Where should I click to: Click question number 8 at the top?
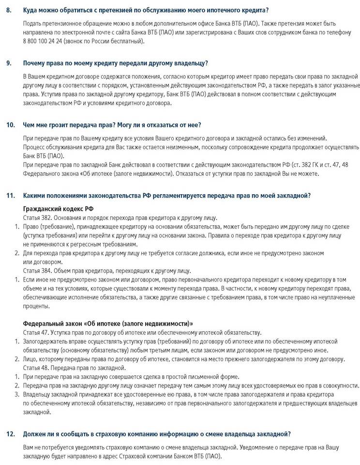pyautogui.click(x=9, y=10)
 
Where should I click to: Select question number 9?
pyautogui.click(x=9, y=63)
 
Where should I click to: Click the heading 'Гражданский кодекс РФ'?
pyautogui.click(x=58, y=209)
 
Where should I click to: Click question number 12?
pyautogui.click(x=10, y=434)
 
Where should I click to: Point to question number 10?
pyautogui.click(x=10, y=124)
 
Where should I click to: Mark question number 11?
pyautogui.click(x=10, y=195)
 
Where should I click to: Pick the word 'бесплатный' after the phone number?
pyautogui.click(x=128, y=41)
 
